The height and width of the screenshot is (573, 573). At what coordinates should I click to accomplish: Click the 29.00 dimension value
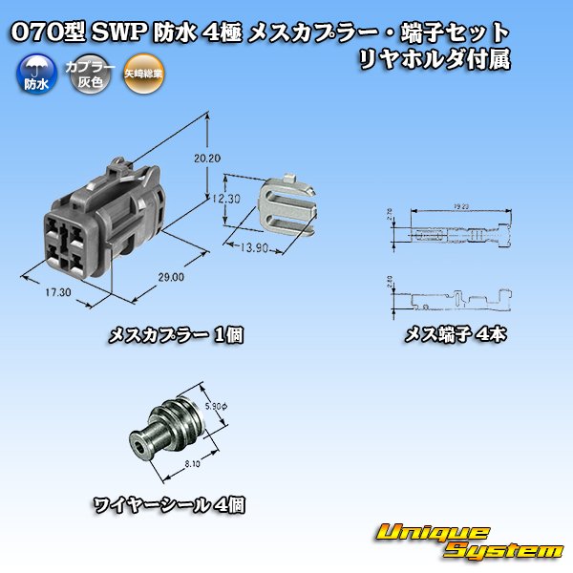(171, 277)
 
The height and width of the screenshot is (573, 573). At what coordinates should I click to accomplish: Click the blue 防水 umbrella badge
(35, 74)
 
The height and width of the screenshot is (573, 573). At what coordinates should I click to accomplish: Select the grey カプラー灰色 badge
(82, 74)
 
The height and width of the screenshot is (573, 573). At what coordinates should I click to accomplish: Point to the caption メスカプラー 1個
(176, 334)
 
